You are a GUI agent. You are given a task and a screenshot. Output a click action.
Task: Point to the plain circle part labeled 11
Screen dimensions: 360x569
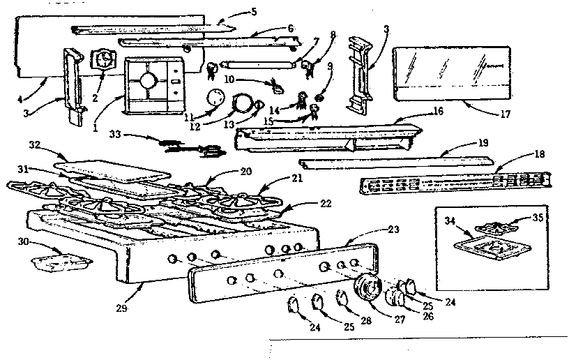tap(217, 97)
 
